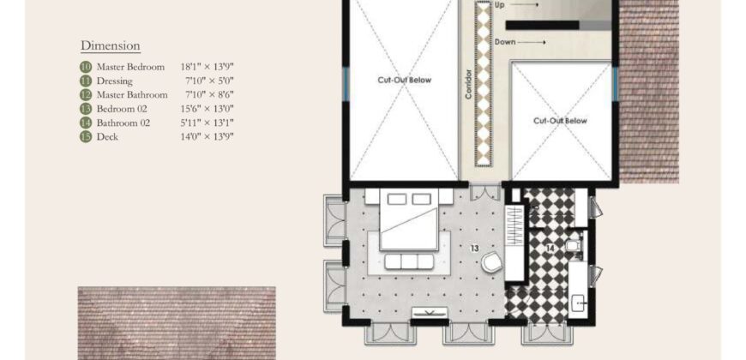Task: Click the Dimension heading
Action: [111, 45]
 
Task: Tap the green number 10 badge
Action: [86, 67]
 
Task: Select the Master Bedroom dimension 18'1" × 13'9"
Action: [207, 67]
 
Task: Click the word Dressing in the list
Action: [115, 81]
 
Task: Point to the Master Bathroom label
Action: [132, 94]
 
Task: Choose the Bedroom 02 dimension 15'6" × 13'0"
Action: [207, 109]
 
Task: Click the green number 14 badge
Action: [86, 123]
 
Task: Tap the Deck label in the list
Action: [107, 137]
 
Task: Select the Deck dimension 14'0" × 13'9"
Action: [207, 137]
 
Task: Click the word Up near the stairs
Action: [500, 5]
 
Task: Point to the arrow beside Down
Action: [532, 42]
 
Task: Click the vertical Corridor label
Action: [469, 85]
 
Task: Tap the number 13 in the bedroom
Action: [474, 249]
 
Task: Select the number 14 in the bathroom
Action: [550, 249]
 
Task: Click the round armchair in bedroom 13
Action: [491, 262]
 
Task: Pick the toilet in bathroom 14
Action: [574, 245]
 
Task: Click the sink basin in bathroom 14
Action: [578, 303]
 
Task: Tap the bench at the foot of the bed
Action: [409, 261]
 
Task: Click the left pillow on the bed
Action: [397, 199]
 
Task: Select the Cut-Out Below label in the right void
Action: [560, 121]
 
